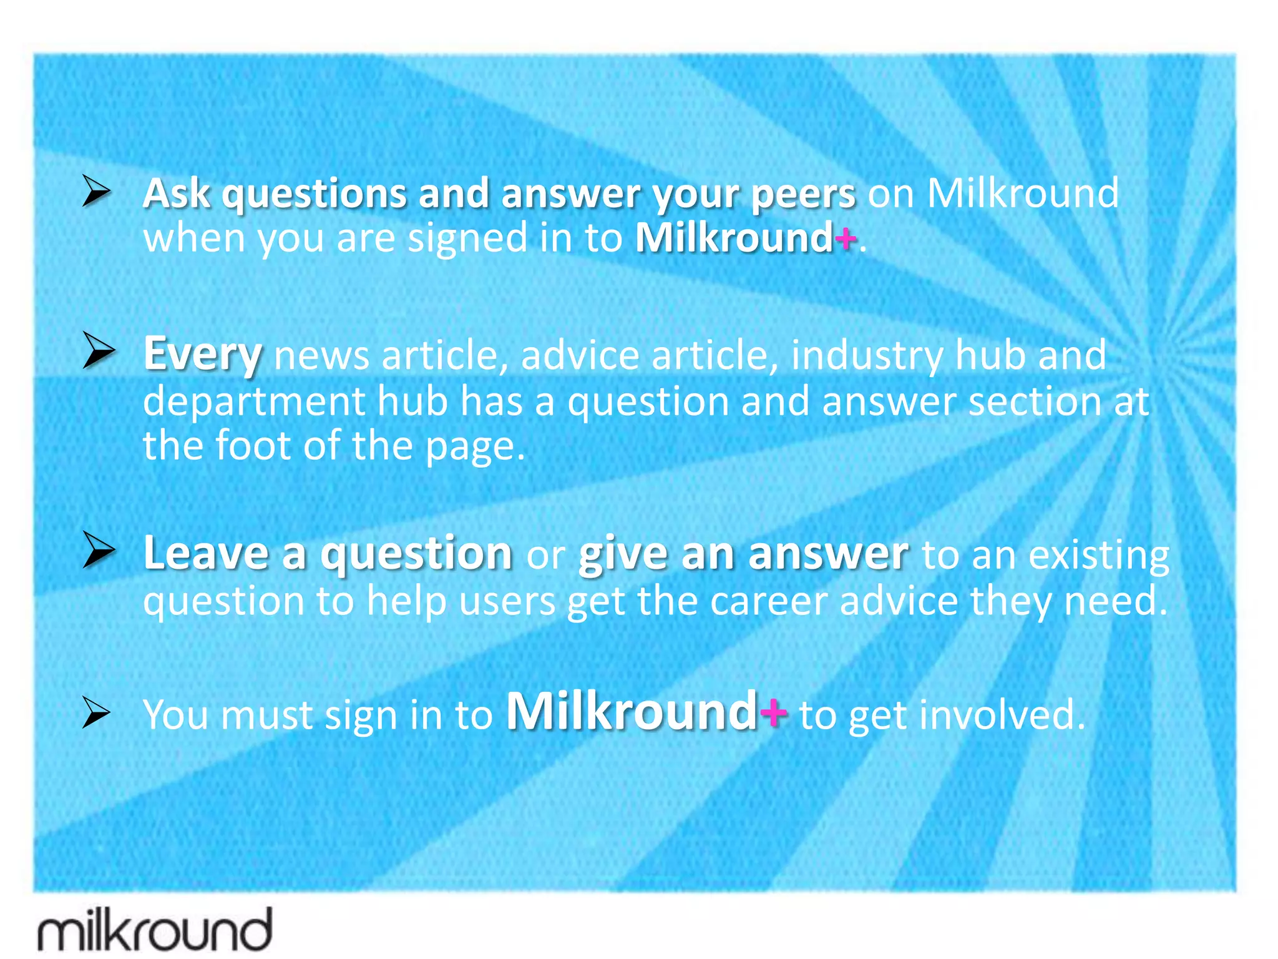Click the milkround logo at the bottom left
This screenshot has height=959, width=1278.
click(155, 930)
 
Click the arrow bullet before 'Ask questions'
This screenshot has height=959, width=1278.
click(97, 191)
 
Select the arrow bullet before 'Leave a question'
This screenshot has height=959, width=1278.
click(99, 550)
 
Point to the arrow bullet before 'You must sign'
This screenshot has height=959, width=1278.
click(97, 712)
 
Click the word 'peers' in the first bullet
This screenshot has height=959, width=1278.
click(803, 194)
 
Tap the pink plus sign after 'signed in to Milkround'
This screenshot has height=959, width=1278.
click(845, 239)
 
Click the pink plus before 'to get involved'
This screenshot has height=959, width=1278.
click(774, 712)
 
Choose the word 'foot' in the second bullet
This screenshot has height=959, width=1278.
click(253, 446)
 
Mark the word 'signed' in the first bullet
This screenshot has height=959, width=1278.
click(467, 240)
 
